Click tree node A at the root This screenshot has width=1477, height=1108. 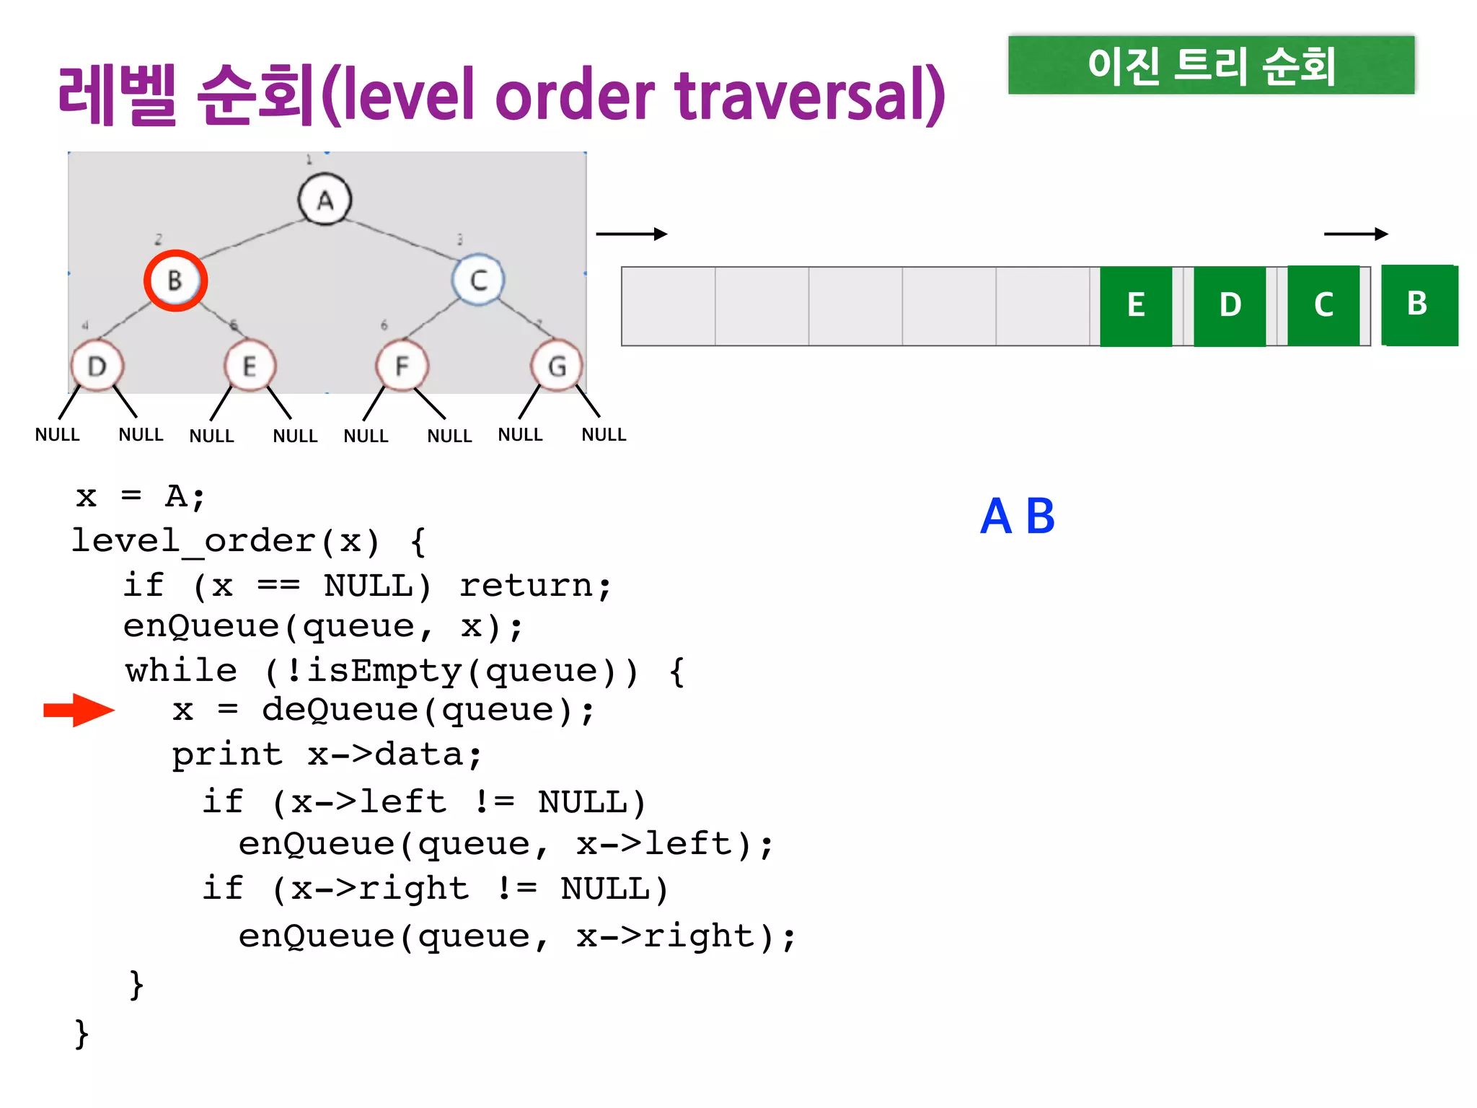coord(325,200)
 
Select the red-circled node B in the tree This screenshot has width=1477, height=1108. coord(175,281)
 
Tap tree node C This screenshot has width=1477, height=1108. coord(478,280)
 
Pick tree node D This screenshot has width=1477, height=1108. coord(97,366)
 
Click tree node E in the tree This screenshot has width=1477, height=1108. coord(250,366)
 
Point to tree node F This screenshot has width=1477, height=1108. coord(402,366)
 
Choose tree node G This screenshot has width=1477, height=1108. coord(556,366)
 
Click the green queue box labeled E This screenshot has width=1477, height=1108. coord(1136,306)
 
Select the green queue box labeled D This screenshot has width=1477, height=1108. coord(1230,306)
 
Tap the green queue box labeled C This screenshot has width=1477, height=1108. coord(1323,306)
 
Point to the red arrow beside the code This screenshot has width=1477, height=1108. coord(79,711)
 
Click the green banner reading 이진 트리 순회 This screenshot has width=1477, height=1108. coord(1211,66)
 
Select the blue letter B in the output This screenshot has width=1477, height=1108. coord(1040,516)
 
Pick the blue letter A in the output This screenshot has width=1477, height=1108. coord(996,516)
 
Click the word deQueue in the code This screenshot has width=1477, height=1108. coord(340,711)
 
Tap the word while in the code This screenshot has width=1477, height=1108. coord(181,671)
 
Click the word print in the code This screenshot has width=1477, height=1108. coord(227,755)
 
